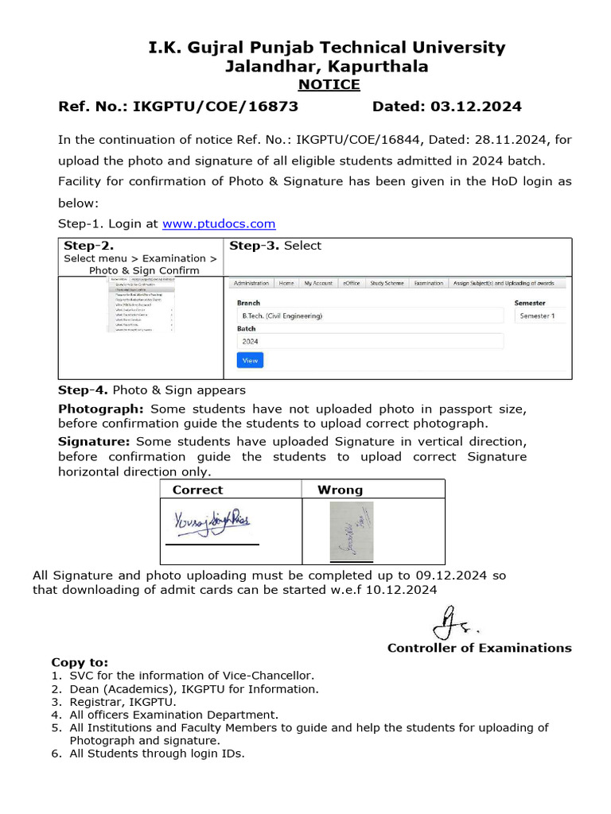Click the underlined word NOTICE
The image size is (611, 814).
(x=329, y=84)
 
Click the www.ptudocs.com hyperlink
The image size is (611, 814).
(x=219, y=224)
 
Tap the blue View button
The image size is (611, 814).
(x=250, y=360)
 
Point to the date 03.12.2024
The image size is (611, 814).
(x=476, y=107)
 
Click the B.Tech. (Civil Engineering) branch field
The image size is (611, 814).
(x=370, y=316)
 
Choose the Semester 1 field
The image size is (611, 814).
(x=539, y=316)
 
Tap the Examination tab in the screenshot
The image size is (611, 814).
(x=428, y=283)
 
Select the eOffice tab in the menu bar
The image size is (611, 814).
(x=351, y=283)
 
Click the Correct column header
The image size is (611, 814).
(x=197, y=490)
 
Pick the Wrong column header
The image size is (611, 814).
(x=340, y=490)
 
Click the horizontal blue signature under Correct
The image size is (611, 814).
(x=212, y=522)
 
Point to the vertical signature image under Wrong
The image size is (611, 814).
(x=350, y=531)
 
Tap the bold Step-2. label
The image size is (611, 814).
(x=88, y=246)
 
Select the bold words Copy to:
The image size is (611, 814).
(x=80, y=662)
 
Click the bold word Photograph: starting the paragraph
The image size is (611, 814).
(x=100, y=409)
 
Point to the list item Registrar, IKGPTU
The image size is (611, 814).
(x=123, y=702)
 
